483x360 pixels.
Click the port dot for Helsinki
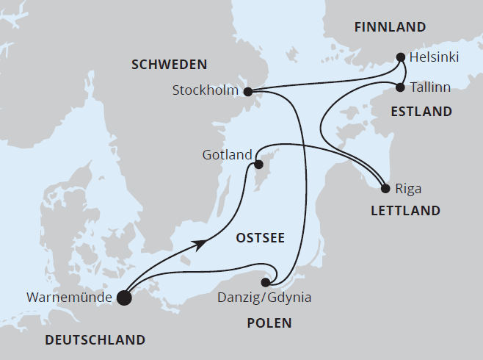point(401,57)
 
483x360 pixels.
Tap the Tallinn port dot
point(400,87)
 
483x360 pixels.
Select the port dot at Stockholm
point(247,92)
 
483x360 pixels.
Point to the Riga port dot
point(386,188)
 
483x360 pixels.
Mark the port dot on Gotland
point(258,165)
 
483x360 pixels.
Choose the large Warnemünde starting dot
point(124,298)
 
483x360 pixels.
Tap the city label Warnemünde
point(69,298)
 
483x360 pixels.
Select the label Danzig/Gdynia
point(265,298)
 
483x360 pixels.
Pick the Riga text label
point(408,189)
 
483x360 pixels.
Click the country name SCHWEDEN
point(169,65)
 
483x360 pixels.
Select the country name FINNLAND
point(390,28)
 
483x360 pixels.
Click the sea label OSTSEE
point(260,237)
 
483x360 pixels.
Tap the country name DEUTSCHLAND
point(95,339)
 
